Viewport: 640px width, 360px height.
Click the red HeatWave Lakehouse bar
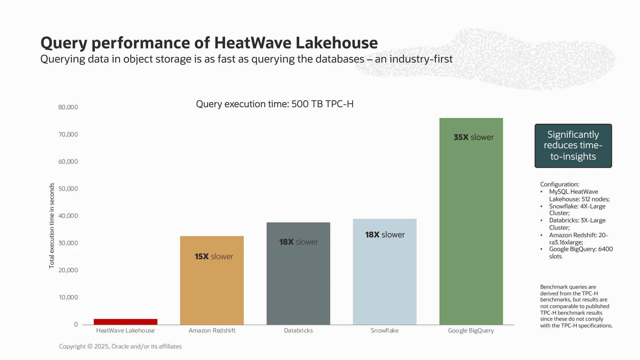tap(125, 322)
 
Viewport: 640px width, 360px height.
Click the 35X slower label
tap(473, 137)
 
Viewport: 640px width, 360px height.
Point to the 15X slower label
tap(214, 257)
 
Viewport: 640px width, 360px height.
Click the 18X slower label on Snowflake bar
tap(385, 235)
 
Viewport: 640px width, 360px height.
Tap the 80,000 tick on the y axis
tap(68, 107)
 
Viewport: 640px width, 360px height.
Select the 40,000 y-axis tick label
tap(68, 216)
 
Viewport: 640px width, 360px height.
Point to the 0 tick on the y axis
tap(76, 324)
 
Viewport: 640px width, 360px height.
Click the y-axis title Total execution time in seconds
tap(52, 226)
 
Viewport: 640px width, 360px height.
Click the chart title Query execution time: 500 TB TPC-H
tap(275, 104)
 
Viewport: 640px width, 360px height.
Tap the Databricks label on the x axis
tap(298, 330)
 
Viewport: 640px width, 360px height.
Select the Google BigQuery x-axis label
tap(471, 330)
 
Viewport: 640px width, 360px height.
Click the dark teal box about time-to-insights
tap(573, 146)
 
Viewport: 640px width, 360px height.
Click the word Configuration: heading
tap(559, 184)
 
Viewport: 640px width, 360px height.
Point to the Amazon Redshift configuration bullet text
tap(578, 238)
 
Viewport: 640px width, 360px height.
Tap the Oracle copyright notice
tap(120, 346)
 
